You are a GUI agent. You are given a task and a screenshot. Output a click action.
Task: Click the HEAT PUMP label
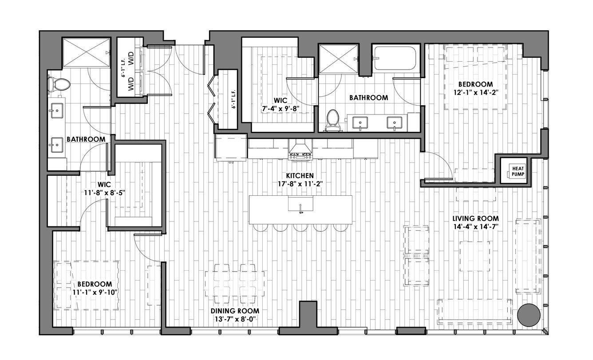(518, 171)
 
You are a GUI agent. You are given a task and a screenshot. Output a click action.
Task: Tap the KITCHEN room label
(300, 175)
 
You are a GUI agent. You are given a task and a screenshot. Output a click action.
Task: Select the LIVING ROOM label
(475, 218)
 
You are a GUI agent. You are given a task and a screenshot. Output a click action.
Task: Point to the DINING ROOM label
(235, 311)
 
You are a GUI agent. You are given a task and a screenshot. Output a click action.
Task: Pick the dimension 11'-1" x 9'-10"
(95, 292)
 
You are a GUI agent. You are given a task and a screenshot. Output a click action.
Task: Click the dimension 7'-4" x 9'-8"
(281, 109)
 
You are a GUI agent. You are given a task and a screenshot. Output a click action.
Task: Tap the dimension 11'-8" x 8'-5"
(105, 193)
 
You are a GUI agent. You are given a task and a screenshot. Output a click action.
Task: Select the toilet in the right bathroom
(333, 120)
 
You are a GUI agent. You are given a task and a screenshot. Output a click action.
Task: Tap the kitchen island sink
(300, 204)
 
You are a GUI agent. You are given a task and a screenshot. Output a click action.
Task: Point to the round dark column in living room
(529, 315)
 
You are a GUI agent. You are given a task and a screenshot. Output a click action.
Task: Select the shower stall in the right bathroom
(339, 59)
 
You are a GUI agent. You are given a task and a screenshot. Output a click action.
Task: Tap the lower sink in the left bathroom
(56, 145)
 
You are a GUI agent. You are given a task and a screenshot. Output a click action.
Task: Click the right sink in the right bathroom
(395, 123)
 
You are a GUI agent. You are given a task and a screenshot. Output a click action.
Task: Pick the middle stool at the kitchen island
(300, 228)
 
